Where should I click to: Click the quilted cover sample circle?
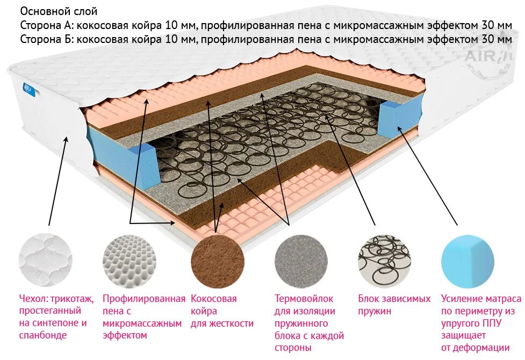pyautogui.click(x=46, y=261)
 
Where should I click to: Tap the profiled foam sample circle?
pyautogui.click(x=130, y=261)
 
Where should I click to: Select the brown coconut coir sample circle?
pyautogui.click(x=215, y=261)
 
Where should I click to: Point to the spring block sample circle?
pyautogui.click(x=384, y=261)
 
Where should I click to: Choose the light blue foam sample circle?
pyautogui.click(x=468, y=261)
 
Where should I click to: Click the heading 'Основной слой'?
pyautogui.click(x=59, y=11)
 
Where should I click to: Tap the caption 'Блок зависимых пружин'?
pyautogui.click(x=394, y=305)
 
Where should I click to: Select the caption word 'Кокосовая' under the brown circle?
pyautogui.click(x=213, y=299)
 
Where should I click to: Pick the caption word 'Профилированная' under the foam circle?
pyautogui.click(x=143, y=299)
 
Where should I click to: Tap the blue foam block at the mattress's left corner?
pyautogui.click(x=141, y=164)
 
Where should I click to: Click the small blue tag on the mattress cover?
pyautogui.click(x=28, y=89)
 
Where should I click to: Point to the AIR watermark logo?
pyautogui.click(x=486, y=59)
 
